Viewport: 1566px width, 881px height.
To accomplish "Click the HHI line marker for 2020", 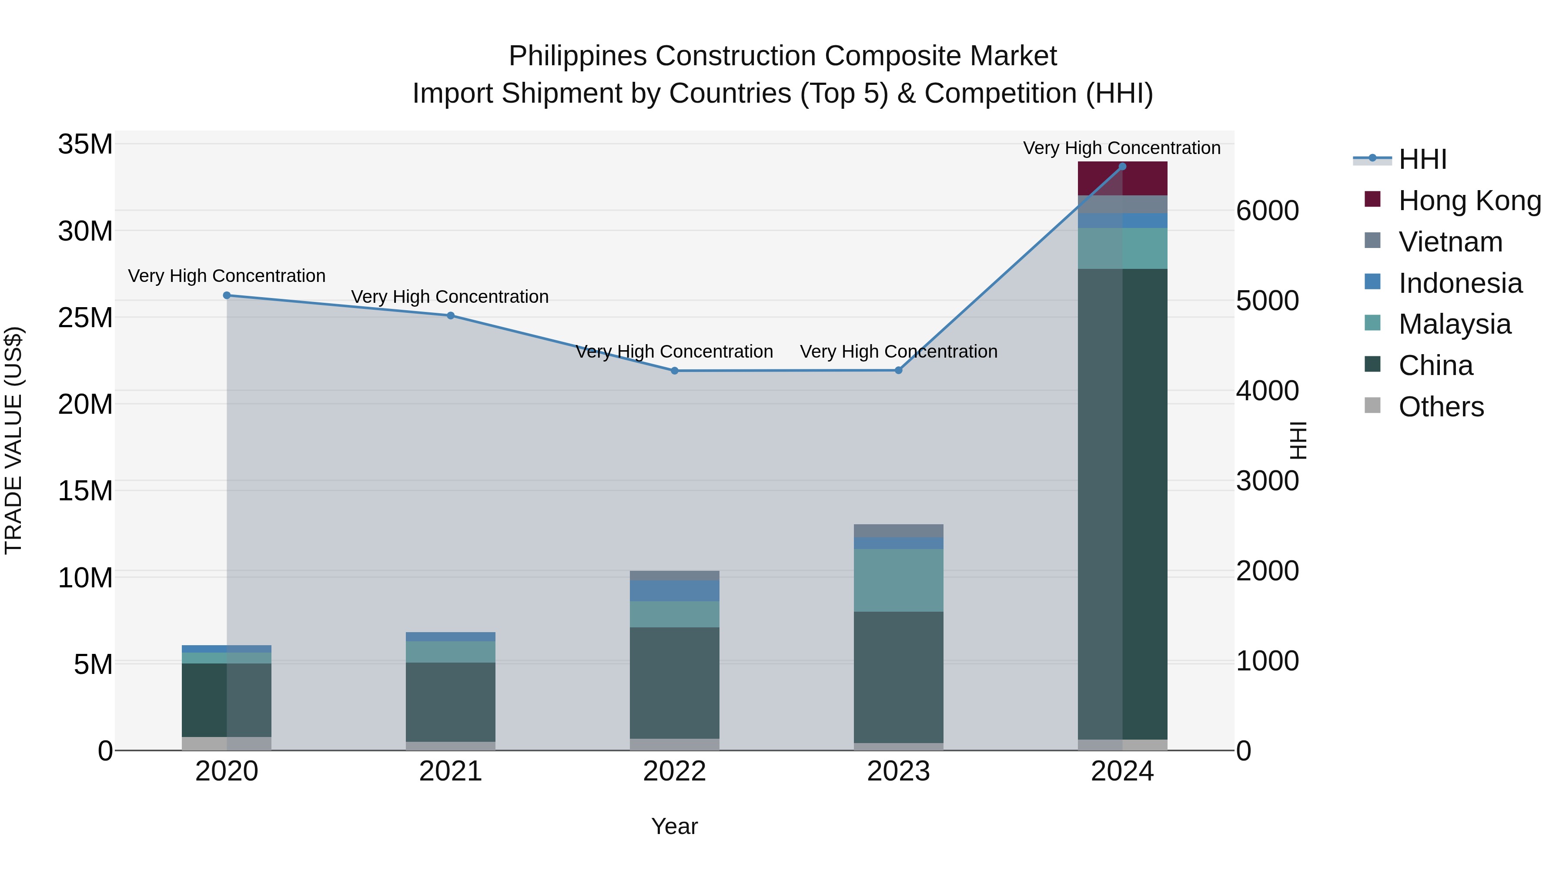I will pos(227,295).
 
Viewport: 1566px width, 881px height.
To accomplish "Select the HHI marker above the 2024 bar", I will pos(1122,167).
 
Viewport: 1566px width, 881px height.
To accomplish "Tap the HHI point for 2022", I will pos(674,371).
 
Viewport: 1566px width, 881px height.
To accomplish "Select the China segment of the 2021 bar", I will pos(451,702).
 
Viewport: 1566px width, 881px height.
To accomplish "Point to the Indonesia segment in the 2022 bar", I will pos(674,591).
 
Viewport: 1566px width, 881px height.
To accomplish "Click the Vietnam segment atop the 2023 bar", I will pos(899,531).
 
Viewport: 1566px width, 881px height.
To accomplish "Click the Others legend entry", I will pos(1441,407).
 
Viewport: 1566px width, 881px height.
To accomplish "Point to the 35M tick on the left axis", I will pos(86,145).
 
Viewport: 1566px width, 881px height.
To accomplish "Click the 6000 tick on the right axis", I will pos(1268,211).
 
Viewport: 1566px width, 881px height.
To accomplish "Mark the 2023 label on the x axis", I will pos(899,771).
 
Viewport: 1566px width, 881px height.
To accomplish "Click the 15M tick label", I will pos(86,491).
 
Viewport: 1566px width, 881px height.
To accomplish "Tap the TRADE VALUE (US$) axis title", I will pos(13,440).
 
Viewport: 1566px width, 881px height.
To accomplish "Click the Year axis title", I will pos(674,826).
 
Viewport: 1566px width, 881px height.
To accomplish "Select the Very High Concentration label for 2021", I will pos(450,297).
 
